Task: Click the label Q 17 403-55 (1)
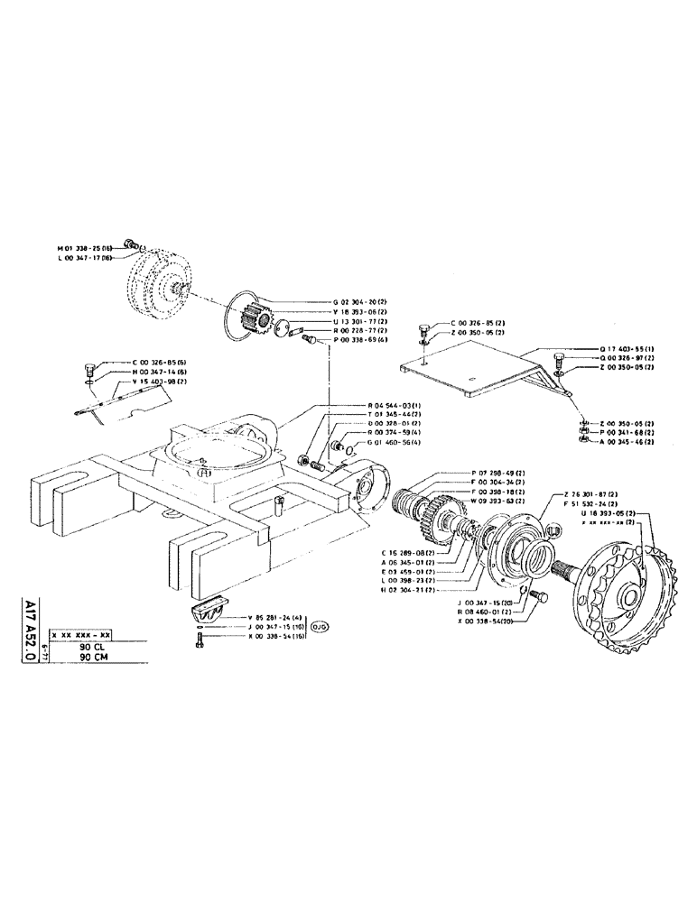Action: tap(601, 348)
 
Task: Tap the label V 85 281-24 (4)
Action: tap(276, 618)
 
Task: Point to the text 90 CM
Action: tap(91, 658)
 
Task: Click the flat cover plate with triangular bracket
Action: tap(479, 369)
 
